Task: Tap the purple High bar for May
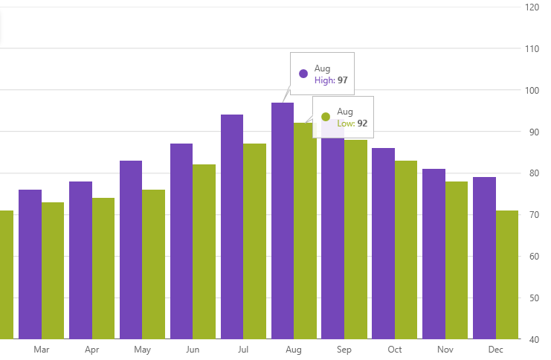point(131,249)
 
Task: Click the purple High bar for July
point(232,227)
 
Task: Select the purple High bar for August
point(283,220)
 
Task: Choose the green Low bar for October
point(406,249)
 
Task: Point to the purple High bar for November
point(434,253)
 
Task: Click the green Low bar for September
point(355,239)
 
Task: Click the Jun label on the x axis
point(193,350)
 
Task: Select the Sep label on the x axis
point(344,350)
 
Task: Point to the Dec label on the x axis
point(496,350)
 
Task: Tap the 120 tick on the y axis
point(532,7)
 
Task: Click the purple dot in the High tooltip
point(303,74)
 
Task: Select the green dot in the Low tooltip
point(326,117)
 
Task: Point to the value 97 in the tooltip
point(343,80)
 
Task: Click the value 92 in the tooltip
point(362,123)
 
